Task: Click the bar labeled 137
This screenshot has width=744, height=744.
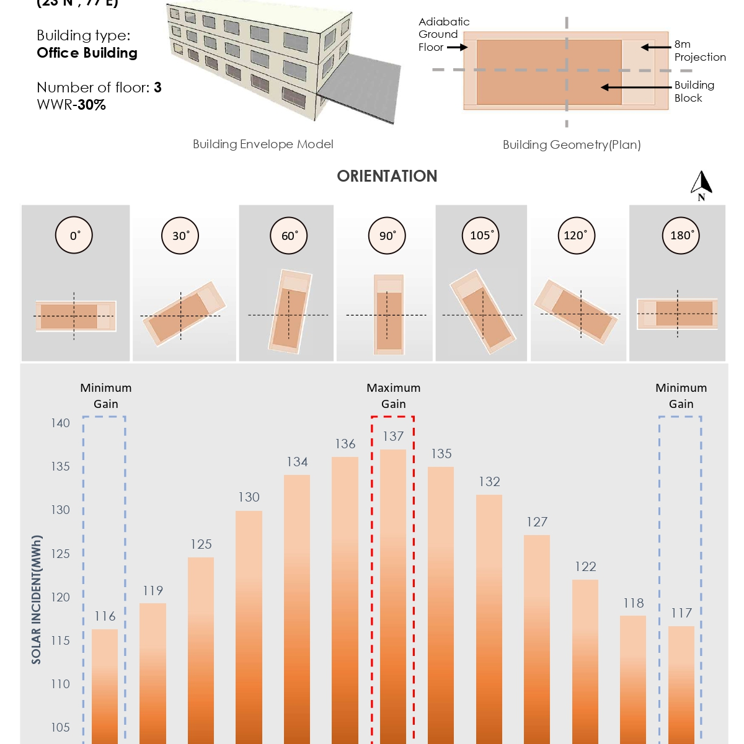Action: tap(393, 595)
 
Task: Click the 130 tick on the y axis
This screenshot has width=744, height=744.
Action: tap(60, 510)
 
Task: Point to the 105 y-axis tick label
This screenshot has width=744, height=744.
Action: tap(60, 727)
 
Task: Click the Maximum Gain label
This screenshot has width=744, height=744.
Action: tap(393, 396)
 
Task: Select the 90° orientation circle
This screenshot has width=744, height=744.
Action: tap(387, 236)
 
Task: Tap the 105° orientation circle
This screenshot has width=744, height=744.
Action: tap(480, 236)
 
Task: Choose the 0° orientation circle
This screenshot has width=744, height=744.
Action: tap(74, 236)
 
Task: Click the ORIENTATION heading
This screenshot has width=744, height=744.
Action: tap(387, 176)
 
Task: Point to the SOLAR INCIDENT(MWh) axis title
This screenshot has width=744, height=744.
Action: tap(37, 600)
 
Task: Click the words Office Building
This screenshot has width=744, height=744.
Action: tap(87, 53)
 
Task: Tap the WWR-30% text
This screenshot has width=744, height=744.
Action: tap(71, 105)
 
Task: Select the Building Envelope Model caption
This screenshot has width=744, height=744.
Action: tap(263, 144)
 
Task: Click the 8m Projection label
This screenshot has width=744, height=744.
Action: tap(699, 51)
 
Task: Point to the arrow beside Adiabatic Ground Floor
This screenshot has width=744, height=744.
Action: tap(458, 47)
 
